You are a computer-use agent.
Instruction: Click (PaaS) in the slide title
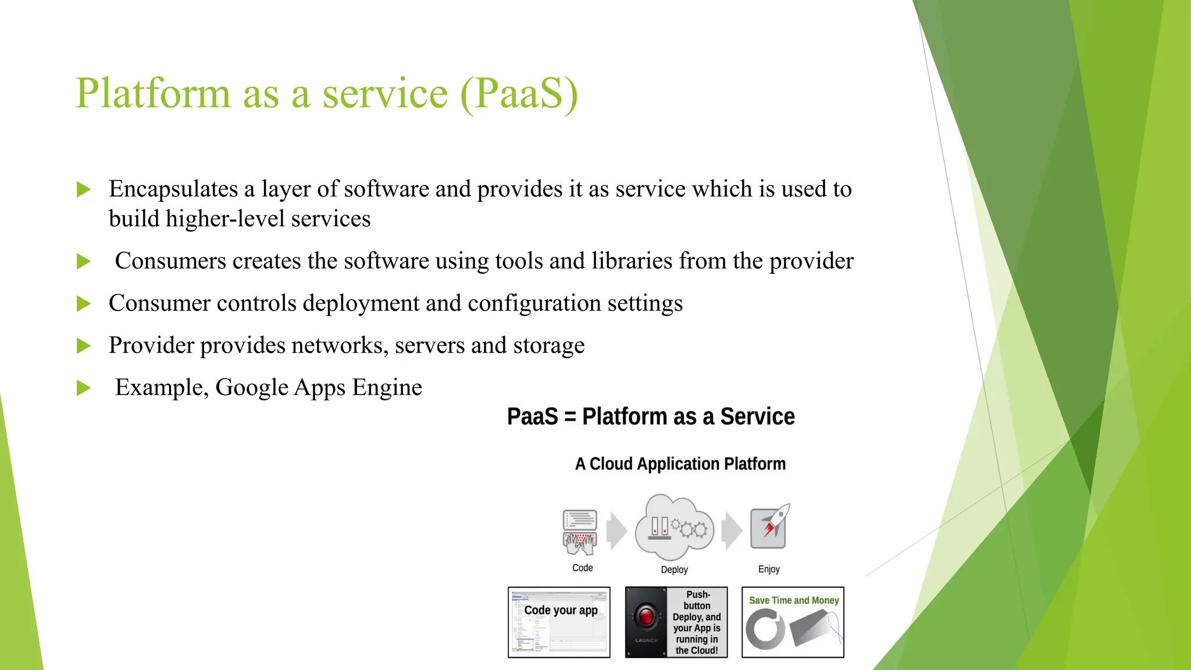pos(519,94)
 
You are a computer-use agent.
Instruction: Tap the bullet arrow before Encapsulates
pos(84,190)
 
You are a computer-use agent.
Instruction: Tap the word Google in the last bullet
pos(251,387)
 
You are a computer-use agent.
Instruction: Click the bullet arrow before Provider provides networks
pos(84,346)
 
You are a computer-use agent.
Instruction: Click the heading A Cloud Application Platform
pos(680,464)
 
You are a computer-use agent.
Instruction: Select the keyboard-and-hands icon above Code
pos(580,532)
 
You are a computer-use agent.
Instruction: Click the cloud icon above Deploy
pos(674,527)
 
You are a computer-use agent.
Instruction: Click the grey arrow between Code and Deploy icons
pos(616,530)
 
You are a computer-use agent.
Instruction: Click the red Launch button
pos(646,616)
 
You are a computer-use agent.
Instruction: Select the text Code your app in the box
pos(561,610)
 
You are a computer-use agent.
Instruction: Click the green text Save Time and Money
pos(793,600)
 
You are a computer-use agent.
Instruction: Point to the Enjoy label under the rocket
pos(768,569)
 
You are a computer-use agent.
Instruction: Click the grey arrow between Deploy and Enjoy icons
pos(732,530)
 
